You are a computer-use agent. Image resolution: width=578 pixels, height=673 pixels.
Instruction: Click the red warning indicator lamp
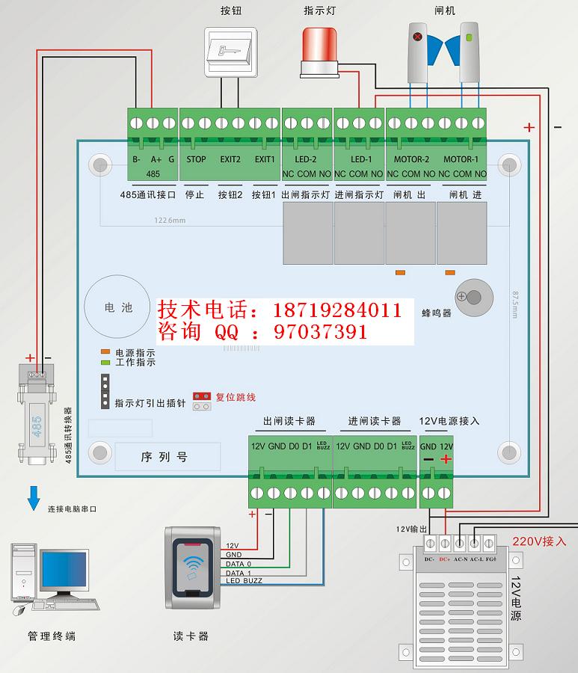320,49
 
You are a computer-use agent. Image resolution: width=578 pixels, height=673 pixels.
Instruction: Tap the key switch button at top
230,52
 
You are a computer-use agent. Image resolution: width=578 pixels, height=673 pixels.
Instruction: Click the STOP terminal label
196,159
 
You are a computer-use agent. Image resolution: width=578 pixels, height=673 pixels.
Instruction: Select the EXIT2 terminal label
230,159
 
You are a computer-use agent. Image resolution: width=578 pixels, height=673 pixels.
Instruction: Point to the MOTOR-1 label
461,159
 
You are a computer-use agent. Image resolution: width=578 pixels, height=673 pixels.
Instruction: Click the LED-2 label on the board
306,159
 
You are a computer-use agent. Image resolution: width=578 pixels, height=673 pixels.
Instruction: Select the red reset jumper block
200,396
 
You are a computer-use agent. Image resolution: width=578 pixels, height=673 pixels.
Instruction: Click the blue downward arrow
33,498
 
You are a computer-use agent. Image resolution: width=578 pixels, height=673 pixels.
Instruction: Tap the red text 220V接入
539,541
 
